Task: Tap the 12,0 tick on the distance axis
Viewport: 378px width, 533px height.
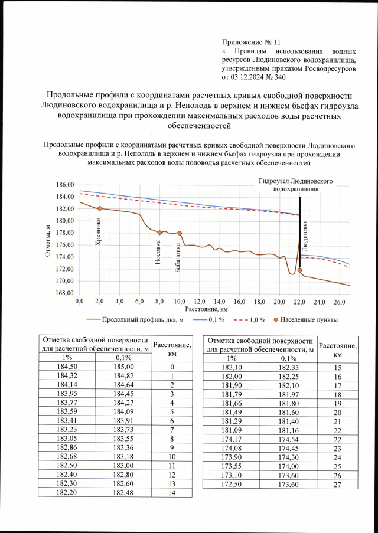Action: coord(200,301)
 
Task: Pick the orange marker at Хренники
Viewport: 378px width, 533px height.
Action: coord(100,208)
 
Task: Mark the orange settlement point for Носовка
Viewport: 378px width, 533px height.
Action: coord(159,233)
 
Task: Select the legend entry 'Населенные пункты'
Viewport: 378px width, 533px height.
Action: coord(312,320)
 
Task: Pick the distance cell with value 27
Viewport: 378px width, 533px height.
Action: coord(338,485)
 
